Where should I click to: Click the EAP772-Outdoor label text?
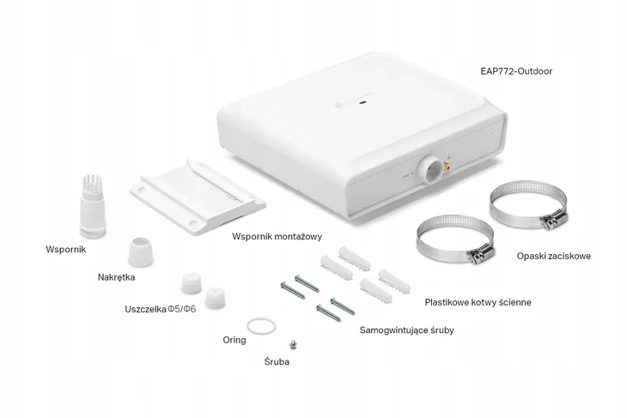coord(515,72)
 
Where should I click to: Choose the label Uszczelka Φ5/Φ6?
coord(160,307)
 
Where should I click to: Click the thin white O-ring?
coord(260,326)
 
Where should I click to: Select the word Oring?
coord(234,340)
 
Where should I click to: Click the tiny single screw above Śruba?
coord(295,345)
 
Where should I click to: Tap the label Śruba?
coord(277,362)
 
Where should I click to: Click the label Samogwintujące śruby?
coord(406,330)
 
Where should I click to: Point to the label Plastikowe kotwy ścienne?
coord(478,302)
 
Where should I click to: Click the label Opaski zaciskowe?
coord(553,256)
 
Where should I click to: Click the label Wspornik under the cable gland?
coord(66,251)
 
